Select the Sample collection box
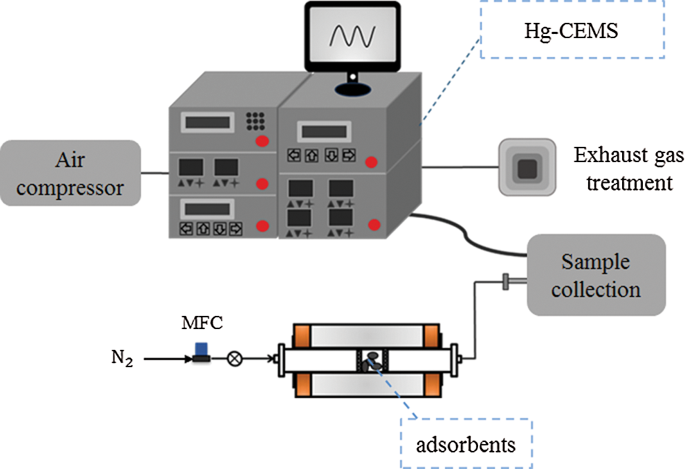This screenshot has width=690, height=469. tap(596, 274)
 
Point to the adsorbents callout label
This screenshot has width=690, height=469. tap(465, 444)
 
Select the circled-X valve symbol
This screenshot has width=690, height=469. tap(235, 359)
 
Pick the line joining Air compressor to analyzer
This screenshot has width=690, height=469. tap(155, 172)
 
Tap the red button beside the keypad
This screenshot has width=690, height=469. tap(262, 142)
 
